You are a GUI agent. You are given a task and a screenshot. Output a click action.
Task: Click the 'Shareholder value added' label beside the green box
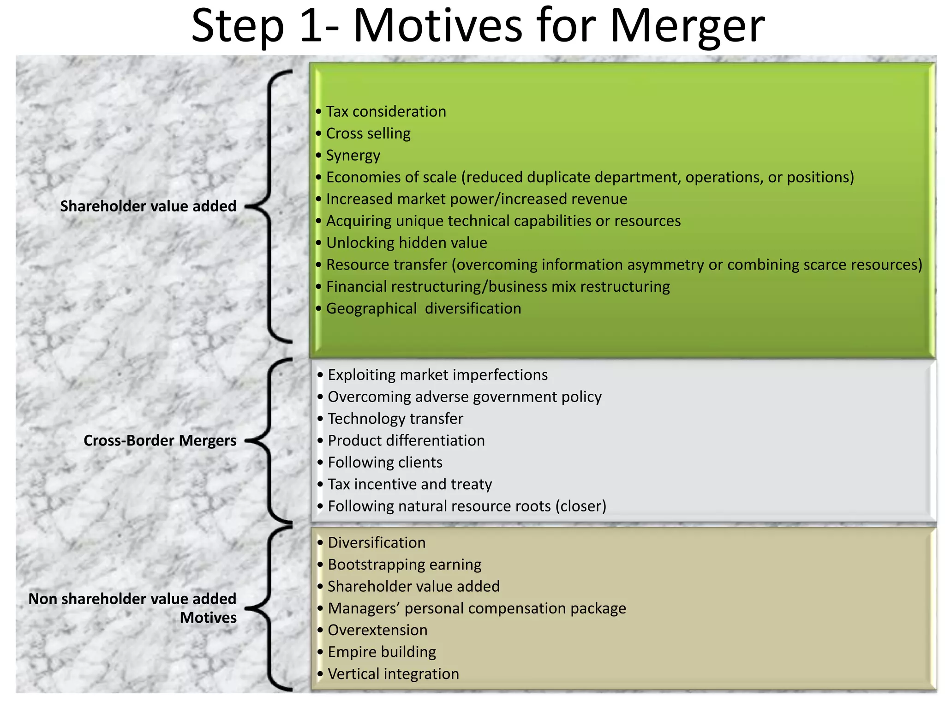pos(148,206)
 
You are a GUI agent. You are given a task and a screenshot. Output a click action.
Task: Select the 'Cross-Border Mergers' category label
pos(160,440)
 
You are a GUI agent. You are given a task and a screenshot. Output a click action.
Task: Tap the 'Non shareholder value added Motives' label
pos(133,608)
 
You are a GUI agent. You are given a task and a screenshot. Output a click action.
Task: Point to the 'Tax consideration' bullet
pos(386,112)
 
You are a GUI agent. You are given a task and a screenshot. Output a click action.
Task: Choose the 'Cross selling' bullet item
pos(368,133)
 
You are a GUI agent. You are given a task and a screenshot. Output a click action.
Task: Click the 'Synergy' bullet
pos(353,156)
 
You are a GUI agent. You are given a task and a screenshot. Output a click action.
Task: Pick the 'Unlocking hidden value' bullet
pos(407,243)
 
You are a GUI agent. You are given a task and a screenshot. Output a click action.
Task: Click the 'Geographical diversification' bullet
pos(424,308)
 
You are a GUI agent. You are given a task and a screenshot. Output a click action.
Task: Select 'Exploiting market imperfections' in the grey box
pos(437,375)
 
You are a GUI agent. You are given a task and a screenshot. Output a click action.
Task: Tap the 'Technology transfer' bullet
pos(395,419)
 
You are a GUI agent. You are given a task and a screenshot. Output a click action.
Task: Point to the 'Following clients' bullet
pos(385,463)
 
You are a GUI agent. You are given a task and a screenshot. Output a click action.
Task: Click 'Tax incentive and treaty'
pos(410,484)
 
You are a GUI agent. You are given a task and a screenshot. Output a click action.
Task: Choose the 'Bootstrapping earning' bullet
pos(405,565)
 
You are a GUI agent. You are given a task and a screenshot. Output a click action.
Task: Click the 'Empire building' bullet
pos(382,652)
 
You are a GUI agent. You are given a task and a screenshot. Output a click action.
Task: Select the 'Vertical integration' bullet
pos(393,674)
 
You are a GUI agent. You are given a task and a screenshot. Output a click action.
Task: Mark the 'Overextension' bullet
pos(377,630)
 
